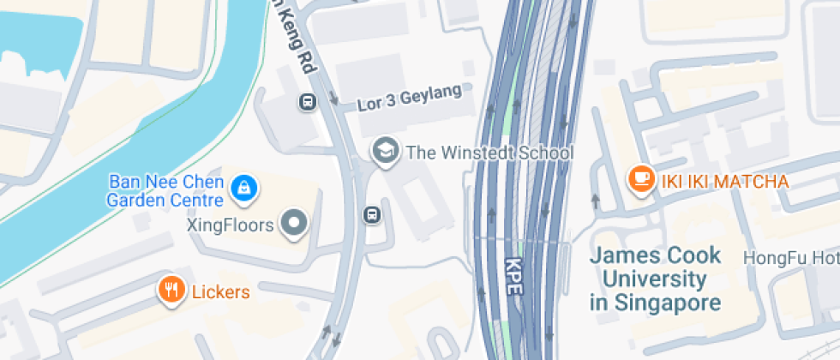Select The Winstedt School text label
click(x=489, y=153)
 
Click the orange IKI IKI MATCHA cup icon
click(x=640, y=179)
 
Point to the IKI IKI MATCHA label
click(x=723, y=182)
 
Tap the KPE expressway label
click(x=513, y=277)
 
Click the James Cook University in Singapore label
click(x=656, y=279)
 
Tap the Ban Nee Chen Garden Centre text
click(x=165, y=191)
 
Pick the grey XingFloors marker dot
click(x=296, y=225)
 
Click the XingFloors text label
click(x=230, y=225)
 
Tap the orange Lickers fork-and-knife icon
click(x=172, y=290)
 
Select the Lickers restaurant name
click(x=220, y=291)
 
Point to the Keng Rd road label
click(x=292, y=34)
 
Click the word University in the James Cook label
click(x=655, y=279)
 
